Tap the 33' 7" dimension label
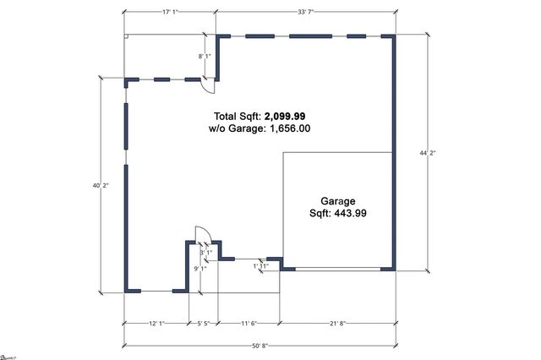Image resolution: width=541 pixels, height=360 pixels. (x=305, y=12)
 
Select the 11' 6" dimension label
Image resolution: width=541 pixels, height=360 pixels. (x=249, y=324)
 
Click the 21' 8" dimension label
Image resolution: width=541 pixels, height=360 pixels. (x=336, y=324)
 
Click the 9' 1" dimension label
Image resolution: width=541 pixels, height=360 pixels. (x=200, y=269)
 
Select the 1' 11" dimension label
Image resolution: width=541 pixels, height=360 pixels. (x=261, y=266)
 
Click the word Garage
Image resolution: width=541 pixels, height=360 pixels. (x=337, y=201)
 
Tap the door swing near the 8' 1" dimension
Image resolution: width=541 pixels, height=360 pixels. (x=210, y=80)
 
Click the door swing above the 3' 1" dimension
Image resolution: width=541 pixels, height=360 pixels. (x=202, y=235)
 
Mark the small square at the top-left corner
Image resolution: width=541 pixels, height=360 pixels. (x=127, y=36)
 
